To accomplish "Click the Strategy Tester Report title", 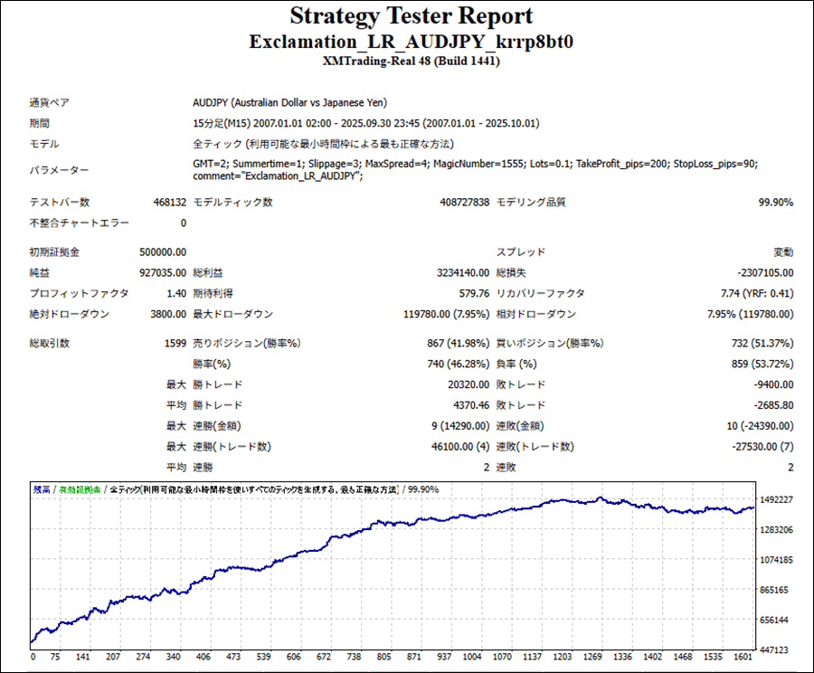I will pos(412,17).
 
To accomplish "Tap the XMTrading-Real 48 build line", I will pos(412,62).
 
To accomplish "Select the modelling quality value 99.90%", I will pos(775,203).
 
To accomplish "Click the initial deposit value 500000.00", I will pos(164,252).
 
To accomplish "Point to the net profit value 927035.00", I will pos(164,273).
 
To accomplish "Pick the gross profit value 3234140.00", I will pos(463,273).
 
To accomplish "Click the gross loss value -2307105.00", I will pos(764,273).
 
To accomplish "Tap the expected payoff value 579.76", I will pos(474,294).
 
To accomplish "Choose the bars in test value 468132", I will pos(169,203).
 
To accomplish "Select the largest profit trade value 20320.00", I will pos(467,385).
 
